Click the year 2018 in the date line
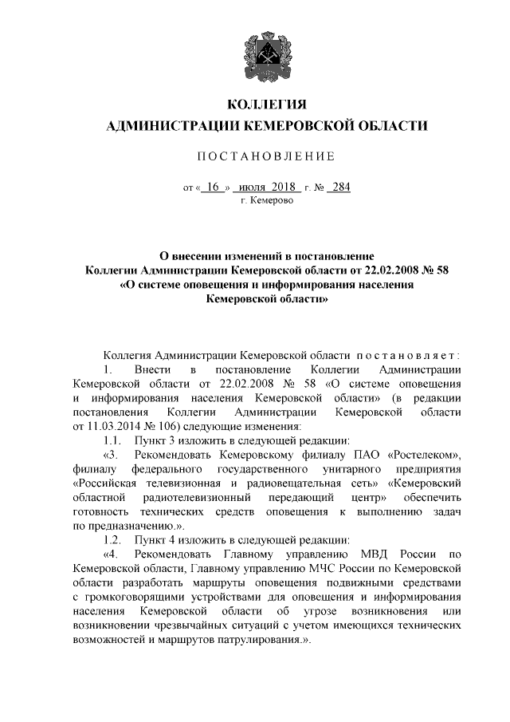[x=282, y=187]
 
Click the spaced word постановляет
[x=407, y=353]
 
